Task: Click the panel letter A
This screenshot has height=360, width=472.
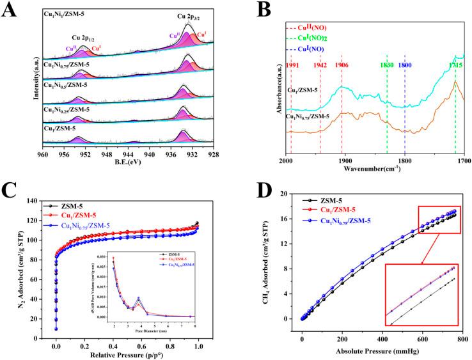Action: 9,11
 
